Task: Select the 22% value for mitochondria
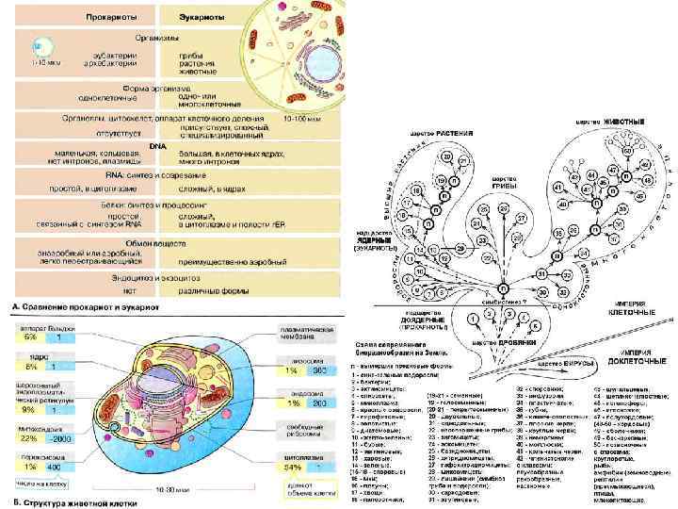[x=28, y=437]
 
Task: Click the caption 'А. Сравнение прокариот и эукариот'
[x=85, y=307]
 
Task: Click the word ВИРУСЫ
[x=578, y=361]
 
